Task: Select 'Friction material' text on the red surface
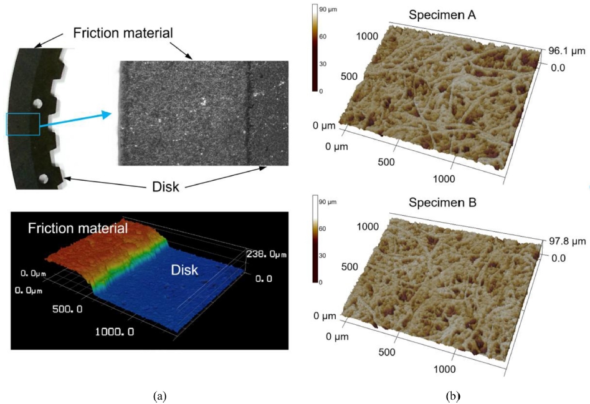(79, 229)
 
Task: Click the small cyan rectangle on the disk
(23, 124)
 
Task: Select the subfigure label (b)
(452, 395)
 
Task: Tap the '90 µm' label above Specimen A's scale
(328, 11)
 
